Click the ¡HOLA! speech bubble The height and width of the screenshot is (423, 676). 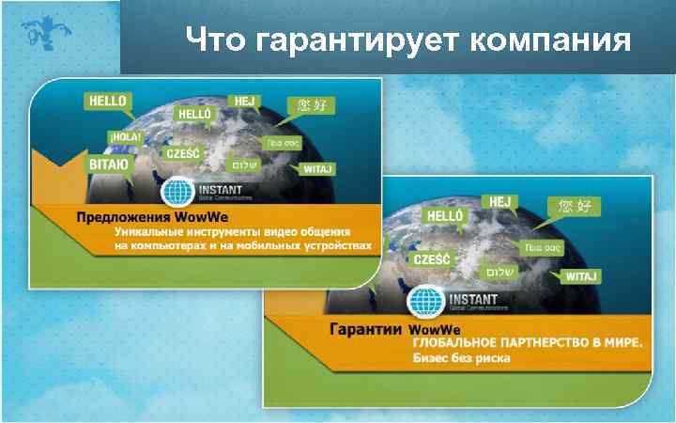tap(124, 137)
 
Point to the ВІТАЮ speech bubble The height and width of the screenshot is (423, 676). tap(109, 164)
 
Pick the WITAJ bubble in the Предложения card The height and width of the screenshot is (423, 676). tap(315, 169)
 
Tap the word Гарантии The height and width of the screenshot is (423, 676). tap(366, 331)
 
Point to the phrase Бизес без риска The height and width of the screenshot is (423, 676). tap(460, 359)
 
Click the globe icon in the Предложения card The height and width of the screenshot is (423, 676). tap(177, 193)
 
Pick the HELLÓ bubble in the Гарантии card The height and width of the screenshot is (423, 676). tap(445, 217)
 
